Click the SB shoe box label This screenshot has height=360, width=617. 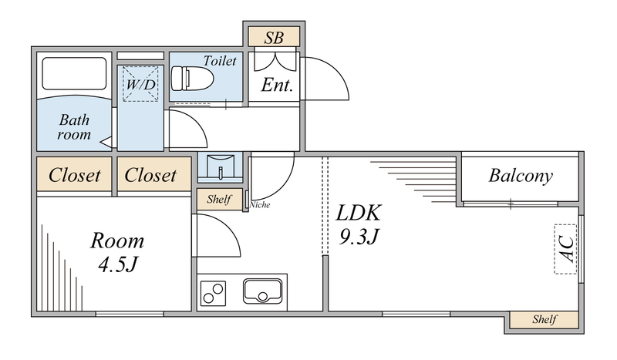click(x=273, y=36)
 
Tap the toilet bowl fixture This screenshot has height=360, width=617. click(x=189, y=79)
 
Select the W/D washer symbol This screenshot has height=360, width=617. click(x=140, y=84)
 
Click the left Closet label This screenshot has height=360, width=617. click(x=75, y=176)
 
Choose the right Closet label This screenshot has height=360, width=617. click(x=151, y=176)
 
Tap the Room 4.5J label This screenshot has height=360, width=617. click(x=117, y=252)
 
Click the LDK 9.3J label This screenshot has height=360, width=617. click(x=359, y=224)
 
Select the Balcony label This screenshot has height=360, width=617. click(x=521, y=176)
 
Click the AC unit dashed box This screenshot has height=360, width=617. click(x=565, y=248)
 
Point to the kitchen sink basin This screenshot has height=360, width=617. click(x=262, y=292)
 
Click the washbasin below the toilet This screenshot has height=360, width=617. click(x=220, y=166)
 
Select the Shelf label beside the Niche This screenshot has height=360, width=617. click(x=220, y=200)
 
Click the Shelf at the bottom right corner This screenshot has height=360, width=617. click(x=544, y=319)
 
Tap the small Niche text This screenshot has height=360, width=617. click(x=260, y=205)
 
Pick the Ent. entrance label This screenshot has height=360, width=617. click(x=277, y=85)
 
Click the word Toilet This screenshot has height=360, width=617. click(x=220, y=60)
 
